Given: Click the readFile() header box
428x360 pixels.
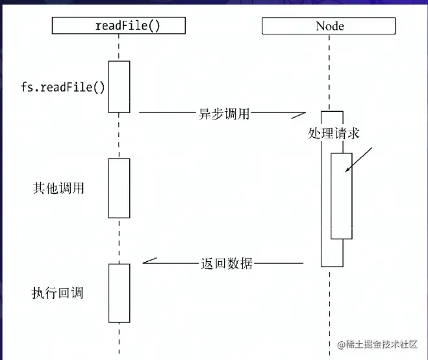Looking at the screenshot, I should point(118,25).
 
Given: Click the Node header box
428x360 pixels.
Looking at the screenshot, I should point(330,25).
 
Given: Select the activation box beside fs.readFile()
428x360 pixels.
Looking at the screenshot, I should point(119,86).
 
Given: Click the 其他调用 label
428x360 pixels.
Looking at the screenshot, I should point(58,188).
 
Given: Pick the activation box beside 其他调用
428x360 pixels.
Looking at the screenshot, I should point(119,188).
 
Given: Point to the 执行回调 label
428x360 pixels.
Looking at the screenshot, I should point(57,292).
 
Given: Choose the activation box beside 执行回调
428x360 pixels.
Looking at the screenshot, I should point(119,292).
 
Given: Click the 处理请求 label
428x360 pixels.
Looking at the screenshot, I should point(334,133).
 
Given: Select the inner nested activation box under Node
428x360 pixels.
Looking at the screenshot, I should point(341,196).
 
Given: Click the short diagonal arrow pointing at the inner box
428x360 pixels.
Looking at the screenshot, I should point(359,160).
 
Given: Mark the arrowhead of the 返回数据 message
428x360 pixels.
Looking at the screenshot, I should point(148,261).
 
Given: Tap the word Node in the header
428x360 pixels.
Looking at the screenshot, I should point(330,26).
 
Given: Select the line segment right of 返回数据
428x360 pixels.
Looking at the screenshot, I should point(279,264).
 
